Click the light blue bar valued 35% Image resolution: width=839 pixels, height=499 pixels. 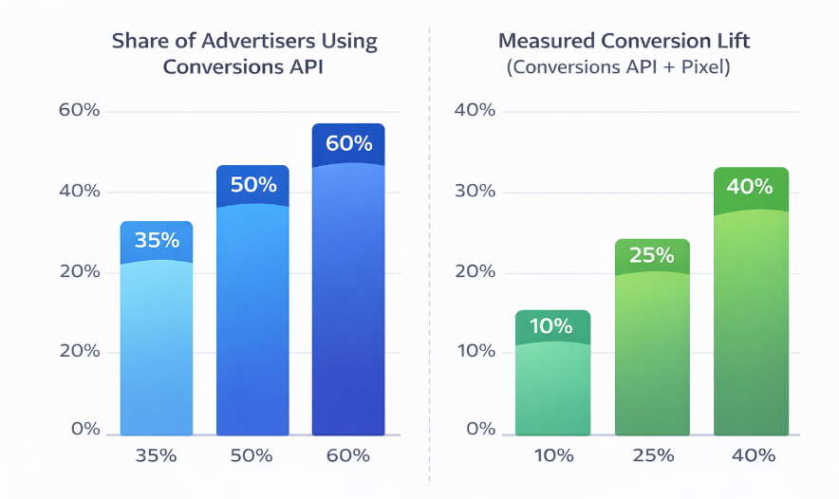click(157, 332)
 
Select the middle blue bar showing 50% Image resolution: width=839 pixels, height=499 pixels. click(252, 304)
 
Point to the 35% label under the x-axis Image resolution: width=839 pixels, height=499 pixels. click(156, 455)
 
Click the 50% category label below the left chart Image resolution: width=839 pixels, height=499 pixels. click(252, 455)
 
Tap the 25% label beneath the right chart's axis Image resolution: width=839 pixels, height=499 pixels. click(651, 455)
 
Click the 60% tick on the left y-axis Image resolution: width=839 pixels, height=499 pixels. click(79, 110)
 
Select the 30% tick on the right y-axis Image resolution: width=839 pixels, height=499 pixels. click(475, 192)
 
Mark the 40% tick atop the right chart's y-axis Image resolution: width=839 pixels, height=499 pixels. click(475, 110)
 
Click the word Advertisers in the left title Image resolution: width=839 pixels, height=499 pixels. click(245, 42)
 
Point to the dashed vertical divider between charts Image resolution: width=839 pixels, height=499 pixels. click(430, 247)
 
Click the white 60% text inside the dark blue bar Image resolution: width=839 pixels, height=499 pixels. click(348, 144)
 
